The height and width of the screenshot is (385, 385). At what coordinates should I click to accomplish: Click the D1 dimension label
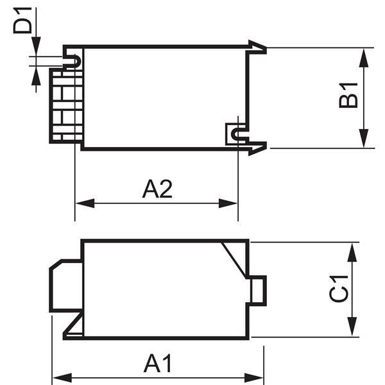click(22, 21)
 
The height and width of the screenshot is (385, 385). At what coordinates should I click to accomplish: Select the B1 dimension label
click(348, 96)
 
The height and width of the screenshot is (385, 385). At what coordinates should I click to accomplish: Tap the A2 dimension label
click(157, 189)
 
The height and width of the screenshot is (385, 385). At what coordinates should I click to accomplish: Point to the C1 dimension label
click(338, 289)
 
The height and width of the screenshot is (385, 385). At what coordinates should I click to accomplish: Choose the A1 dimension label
click(157, 363)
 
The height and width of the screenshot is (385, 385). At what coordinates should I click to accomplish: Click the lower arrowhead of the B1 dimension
click(364, 139)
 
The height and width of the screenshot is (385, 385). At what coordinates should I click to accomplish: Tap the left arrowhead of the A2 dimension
click(85, 203)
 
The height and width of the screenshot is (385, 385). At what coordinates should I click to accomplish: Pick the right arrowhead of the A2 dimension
click(228, 203)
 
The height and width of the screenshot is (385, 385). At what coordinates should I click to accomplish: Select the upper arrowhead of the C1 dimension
click(352, 252)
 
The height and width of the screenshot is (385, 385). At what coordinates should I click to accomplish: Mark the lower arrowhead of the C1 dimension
click(352, 327)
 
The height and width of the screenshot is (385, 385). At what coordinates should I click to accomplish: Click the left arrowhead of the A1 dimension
click(62, 378)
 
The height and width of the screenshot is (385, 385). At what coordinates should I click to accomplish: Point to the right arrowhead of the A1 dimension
click(254, 378)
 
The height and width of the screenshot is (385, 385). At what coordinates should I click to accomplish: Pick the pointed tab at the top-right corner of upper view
click(257, 47)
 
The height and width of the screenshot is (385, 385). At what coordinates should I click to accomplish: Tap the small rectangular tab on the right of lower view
click(258, 291)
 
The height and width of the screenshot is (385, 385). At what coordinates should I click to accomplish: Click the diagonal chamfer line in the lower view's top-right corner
click(234, 260)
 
